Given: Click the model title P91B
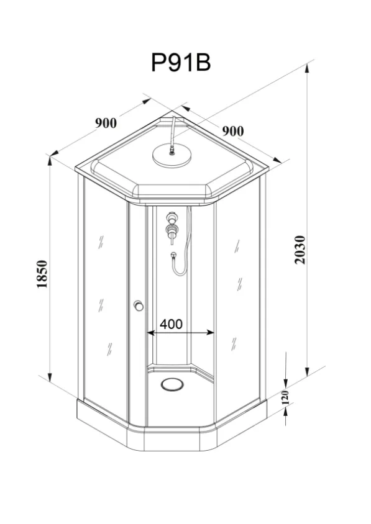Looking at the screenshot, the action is click(x=181, y=62).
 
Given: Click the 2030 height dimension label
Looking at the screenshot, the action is click(x=300, y=250).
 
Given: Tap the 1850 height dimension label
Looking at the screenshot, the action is click(x=42, y=274).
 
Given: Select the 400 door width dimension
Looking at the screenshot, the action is click(x=172, y=324).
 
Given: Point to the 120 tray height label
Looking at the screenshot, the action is click(x=285, y=397).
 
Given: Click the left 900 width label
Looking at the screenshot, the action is click(x=106, y=123).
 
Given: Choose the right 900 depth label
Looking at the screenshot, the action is click(x=233, y=131).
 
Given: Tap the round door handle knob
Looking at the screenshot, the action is click(x=138, y=305).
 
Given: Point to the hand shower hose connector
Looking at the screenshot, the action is click(x=173, y=256).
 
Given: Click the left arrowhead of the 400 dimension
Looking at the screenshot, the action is click(x=150, y=333).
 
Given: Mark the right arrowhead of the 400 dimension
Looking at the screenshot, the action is click(x=211, y=333).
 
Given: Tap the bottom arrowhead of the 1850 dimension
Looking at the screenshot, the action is click(x=50, y=377).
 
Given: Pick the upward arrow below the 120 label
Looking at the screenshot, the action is click(x=286, y=415).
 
